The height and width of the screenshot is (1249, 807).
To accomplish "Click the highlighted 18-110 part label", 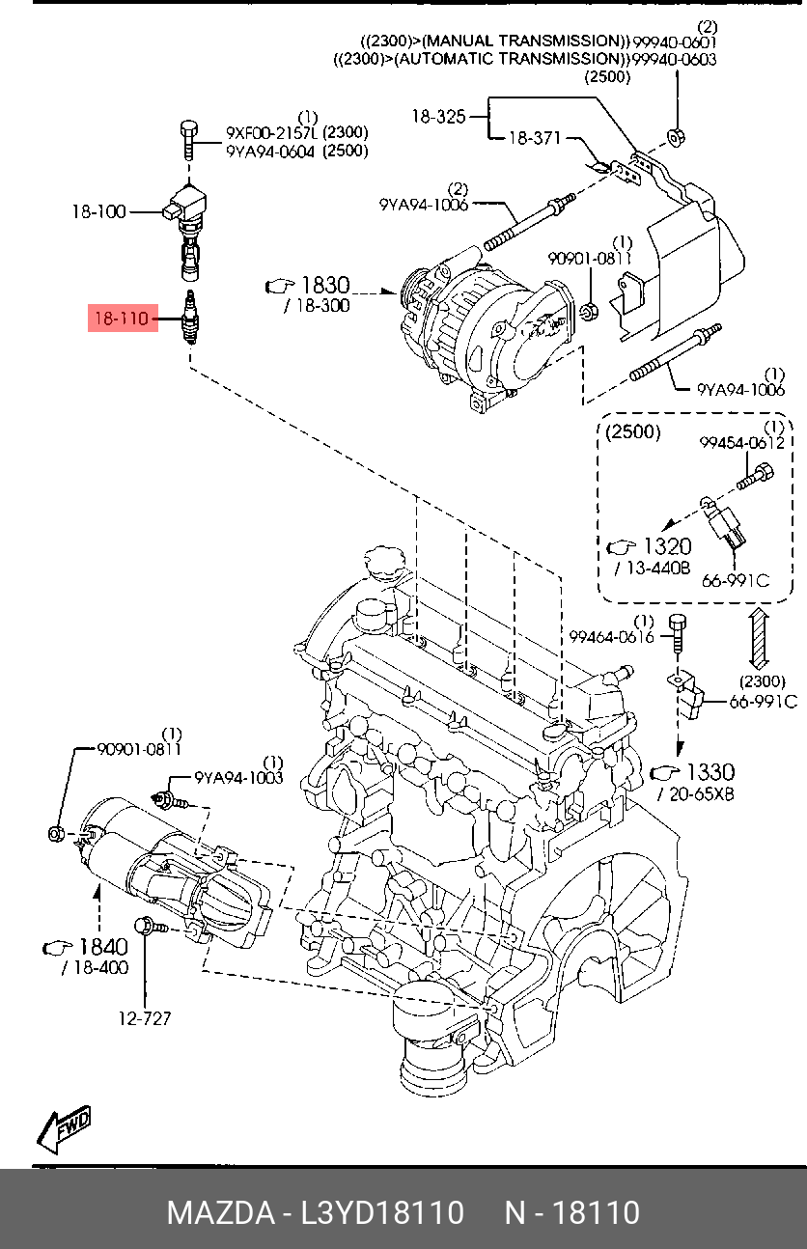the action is [123, 319].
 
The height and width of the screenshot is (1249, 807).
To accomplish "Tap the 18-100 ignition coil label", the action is [99, 212].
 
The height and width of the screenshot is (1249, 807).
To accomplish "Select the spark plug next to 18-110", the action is [191, 317].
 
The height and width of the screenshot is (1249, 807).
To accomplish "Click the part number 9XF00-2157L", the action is [270, 132].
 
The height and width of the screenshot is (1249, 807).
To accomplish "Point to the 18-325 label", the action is [438, 117].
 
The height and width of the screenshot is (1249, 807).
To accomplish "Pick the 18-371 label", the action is [535, 137].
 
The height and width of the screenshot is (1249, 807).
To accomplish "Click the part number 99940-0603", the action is [674, 59].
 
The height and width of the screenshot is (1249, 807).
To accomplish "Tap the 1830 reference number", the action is [325, 285].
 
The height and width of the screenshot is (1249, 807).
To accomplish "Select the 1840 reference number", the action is [103, 947].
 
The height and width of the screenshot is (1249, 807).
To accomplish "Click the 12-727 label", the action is [145, 1018].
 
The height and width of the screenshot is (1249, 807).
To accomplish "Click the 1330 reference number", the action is [710, 772].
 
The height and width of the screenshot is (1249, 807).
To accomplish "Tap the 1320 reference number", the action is [668, 546].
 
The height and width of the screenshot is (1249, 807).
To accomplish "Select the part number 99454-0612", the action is [742, 443].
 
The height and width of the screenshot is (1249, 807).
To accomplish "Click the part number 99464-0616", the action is [611, 637].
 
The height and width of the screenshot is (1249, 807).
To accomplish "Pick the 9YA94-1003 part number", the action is [238, 777].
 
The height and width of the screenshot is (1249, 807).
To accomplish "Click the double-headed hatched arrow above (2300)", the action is [760, 638].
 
